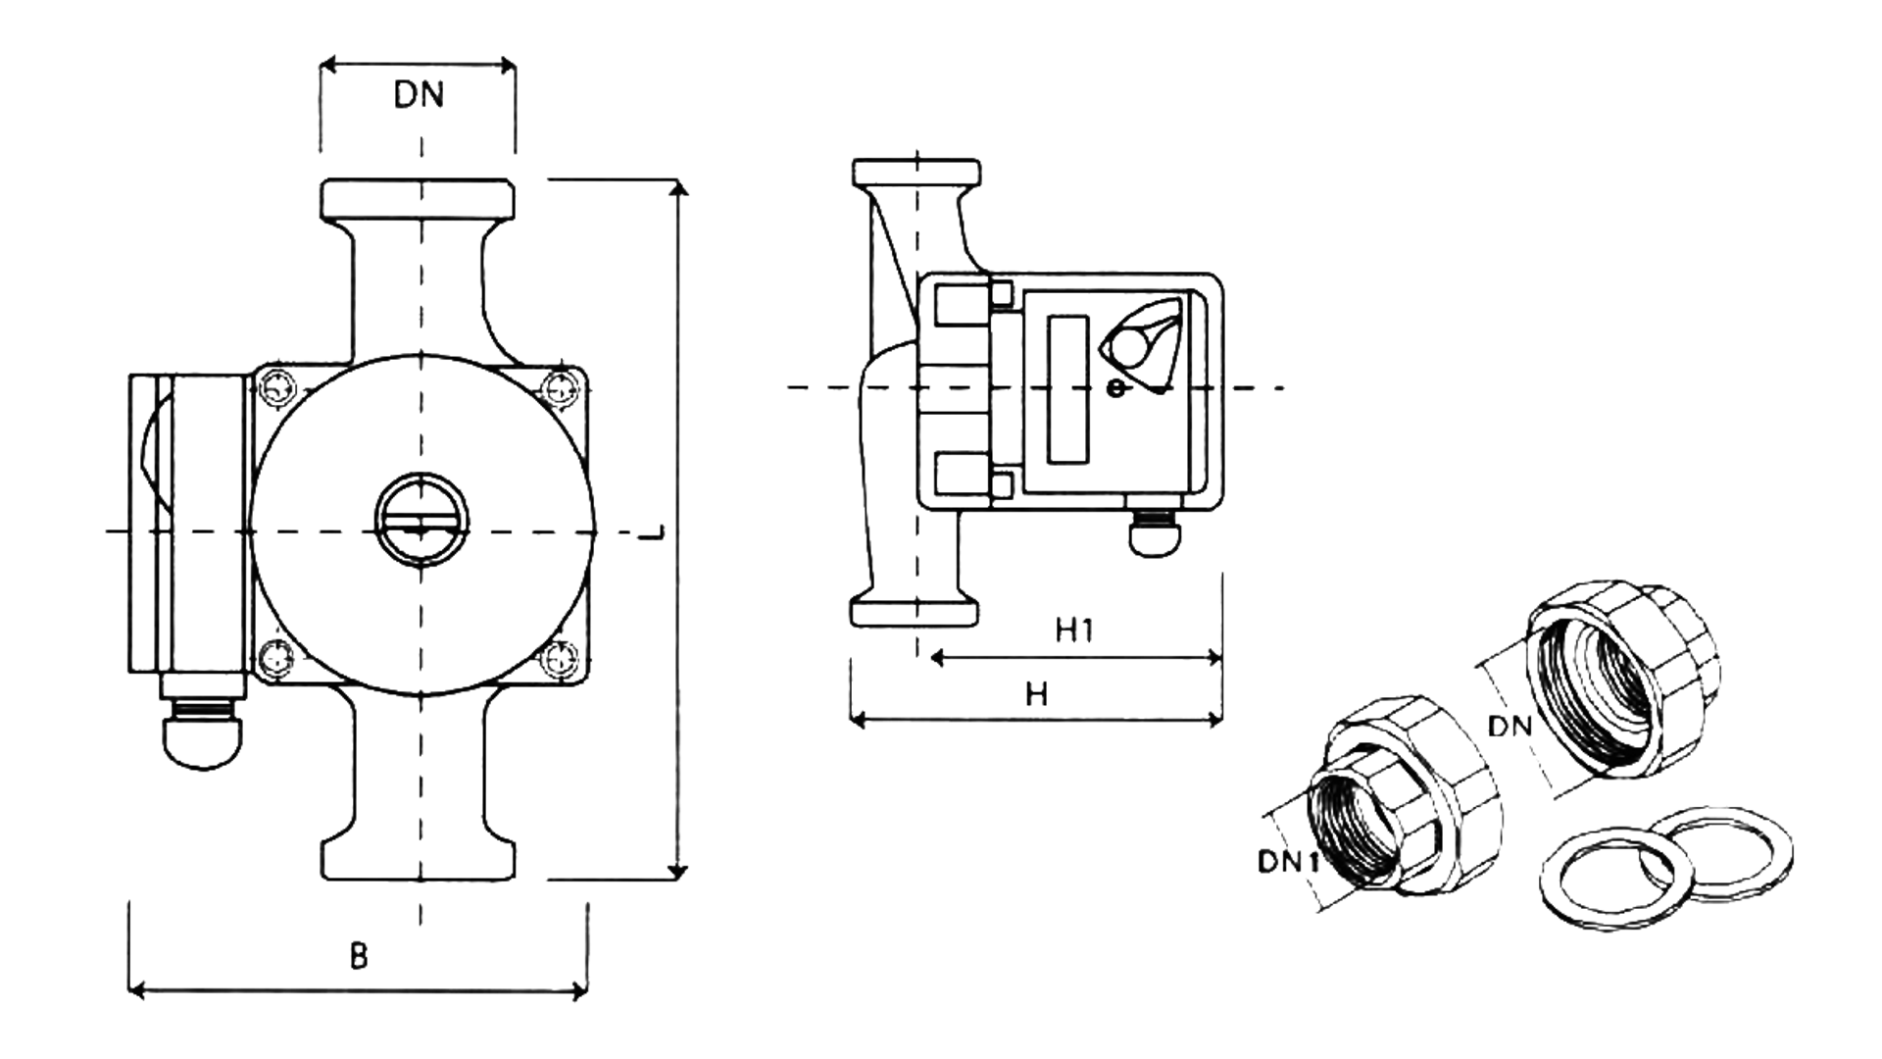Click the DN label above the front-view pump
coord(419,95)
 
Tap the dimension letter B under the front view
coord(359,955)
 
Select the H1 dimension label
coord(1074,630)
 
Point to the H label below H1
coord(1036,694)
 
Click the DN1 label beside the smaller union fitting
coord(1288,862)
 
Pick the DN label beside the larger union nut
coord(1510,727)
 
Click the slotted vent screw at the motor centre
coord(421,520)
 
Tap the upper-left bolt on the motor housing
coord(274,387)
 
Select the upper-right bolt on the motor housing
coord(561,387)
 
